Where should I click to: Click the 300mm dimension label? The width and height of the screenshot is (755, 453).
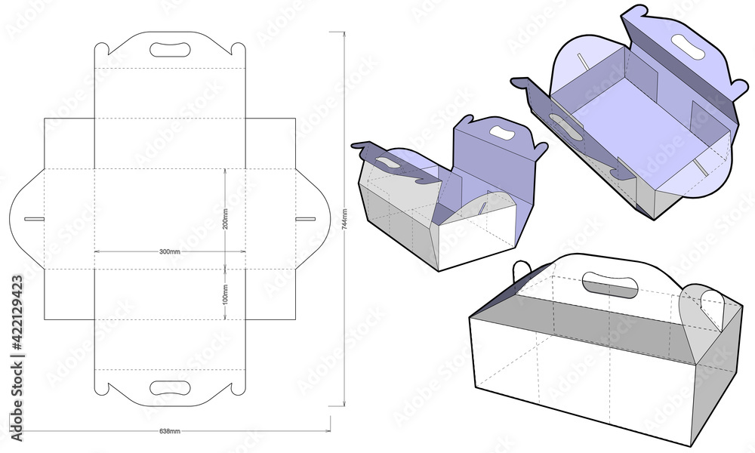(170, 251)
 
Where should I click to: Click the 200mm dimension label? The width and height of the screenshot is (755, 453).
(226, 217)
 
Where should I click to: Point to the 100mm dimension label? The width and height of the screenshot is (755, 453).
(226, 292)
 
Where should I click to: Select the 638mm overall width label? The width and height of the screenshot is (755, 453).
(170, 430)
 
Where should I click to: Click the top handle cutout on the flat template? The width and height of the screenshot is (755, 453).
(171, 50)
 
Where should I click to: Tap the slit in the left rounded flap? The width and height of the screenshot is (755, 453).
(34, 219)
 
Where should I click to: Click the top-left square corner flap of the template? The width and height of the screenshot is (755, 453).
(69, 143)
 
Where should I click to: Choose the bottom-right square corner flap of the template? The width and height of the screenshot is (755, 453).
(271, 294)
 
